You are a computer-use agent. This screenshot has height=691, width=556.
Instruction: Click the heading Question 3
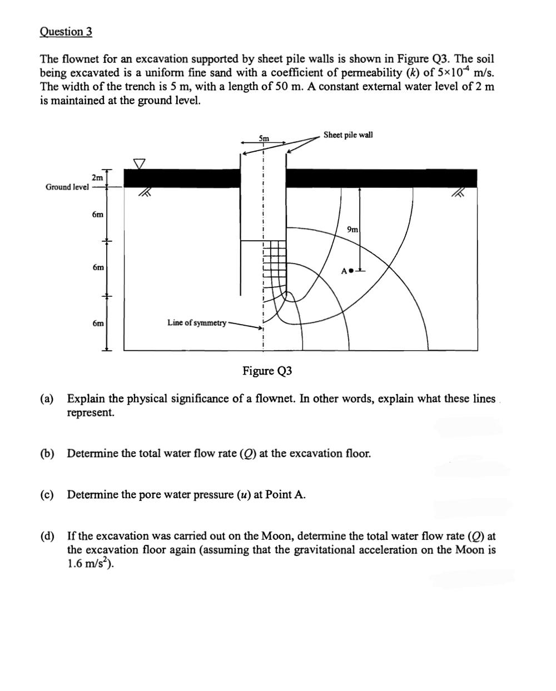coord(66,32)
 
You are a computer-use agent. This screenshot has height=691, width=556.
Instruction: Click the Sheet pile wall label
coord(348,135)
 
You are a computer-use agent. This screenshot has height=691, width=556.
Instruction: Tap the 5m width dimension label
coord(264,138)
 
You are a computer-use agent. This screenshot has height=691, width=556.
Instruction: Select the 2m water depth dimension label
coord(97,177)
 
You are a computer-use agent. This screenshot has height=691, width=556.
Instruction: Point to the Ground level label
coord(67,187)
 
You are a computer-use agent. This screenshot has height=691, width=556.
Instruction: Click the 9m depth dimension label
coord(353,230)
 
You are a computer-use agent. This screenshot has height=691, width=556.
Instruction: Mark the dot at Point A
coord(351,271)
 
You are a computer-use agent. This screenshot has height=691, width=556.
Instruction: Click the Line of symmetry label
coord(196,323)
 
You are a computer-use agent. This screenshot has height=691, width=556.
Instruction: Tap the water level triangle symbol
coord(139,163)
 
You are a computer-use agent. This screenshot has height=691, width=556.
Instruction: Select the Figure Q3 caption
coord(267,371)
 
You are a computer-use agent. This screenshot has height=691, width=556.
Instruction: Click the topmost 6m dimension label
coord(98,215)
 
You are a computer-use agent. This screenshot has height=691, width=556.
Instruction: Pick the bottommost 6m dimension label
coord(98,323)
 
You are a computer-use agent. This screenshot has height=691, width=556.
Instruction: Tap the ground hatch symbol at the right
coord(458,193)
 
